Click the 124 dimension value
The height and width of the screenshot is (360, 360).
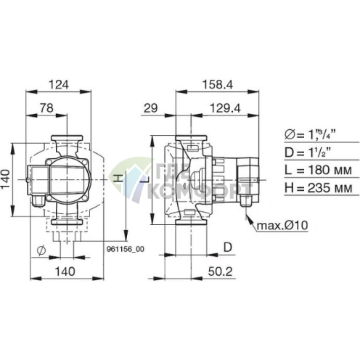[x=58, y=84]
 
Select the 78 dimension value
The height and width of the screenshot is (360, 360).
[x=46, y=107]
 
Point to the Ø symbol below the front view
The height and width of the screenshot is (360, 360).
[x=41, y=250]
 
